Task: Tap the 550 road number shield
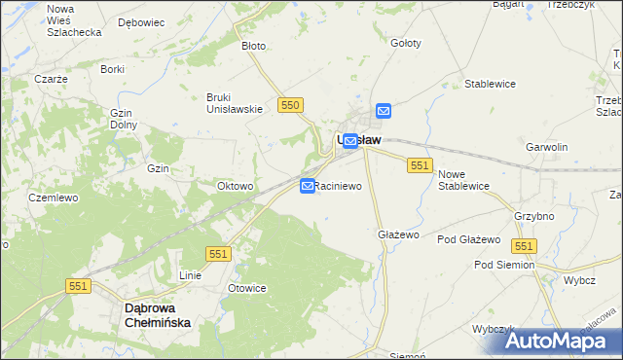coord(289,104)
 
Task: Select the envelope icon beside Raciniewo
coord(308,185)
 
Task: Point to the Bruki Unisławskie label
coord(235,102)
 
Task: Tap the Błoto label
coord(253,46)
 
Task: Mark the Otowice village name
coord(246,288)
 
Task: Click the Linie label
coord(190,275)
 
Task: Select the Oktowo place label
coord(236,186)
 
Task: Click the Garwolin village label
coord(546,147)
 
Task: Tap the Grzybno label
coord(532,217)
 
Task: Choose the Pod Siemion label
coord(504,265)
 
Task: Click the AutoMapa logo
coord(562,341)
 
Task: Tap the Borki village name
coord(112,69)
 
